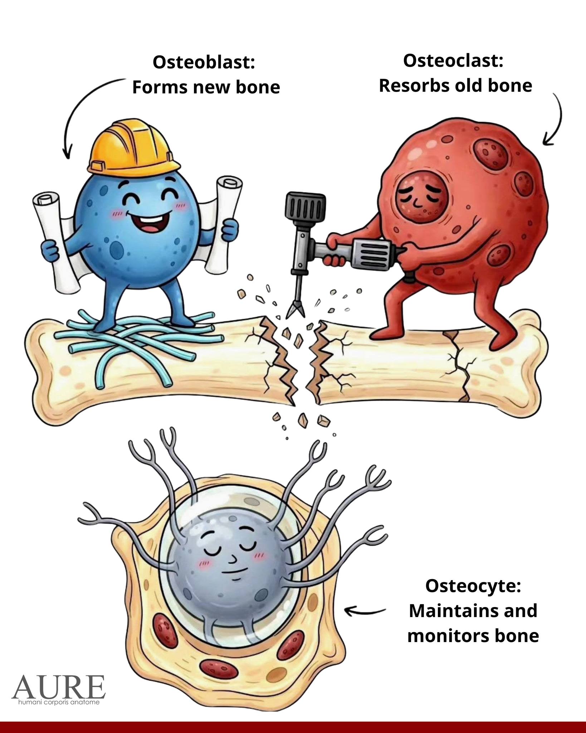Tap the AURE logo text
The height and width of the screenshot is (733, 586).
pos(59,687)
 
